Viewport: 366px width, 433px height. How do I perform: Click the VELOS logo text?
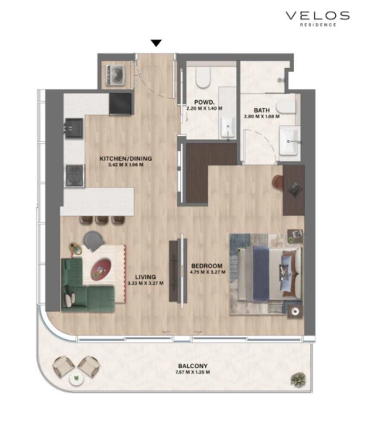tap(317, 15)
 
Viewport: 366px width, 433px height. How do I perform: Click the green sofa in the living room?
tap(83, 286)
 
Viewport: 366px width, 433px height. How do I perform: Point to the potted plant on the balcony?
tap(296, 378)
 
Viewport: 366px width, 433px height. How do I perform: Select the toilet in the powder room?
tap(200, 76)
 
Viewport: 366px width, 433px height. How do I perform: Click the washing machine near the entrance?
tap(116, 74)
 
